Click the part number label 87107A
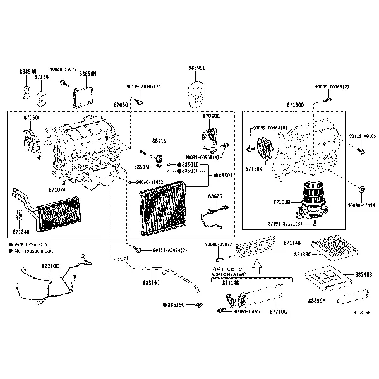56,188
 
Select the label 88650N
88,74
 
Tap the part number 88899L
197,68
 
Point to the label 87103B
282,202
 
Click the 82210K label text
51,266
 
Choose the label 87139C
303,254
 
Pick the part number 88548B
363,275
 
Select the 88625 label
215,196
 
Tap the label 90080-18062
149,182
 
